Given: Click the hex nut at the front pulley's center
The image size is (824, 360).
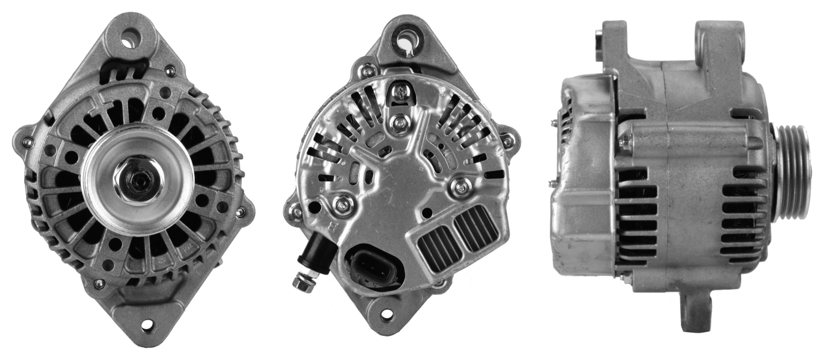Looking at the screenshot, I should click(x=140, y=180).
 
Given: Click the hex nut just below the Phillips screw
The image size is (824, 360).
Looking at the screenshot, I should click(x=400, y=123).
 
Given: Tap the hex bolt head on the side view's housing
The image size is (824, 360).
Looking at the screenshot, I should click(x=623, y=142).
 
